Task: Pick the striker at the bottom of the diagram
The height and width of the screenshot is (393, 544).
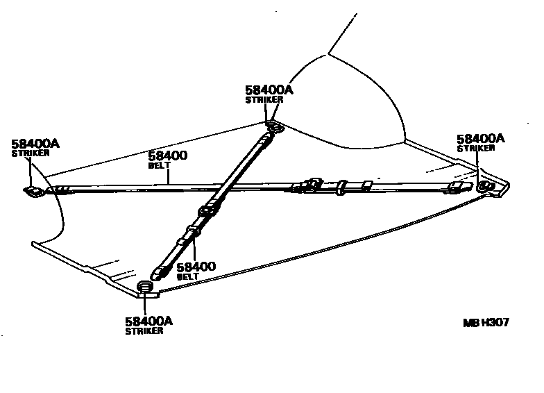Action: point(146,287)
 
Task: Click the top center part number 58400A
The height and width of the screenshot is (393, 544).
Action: point(269,90)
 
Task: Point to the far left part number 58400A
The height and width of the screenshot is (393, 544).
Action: point(35,144)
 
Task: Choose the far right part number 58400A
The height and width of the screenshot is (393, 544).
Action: point(481,138)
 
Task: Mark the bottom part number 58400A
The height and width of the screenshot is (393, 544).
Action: point(148,321)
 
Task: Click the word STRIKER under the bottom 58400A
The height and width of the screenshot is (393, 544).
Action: point(144,331)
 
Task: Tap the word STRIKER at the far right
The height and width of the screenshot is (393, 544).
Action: point(476,148)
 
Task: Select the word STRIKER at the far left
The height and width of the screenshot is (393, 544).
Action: point(31,153)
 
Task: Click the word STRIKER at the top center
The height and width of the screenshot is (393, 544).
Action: point(264,100)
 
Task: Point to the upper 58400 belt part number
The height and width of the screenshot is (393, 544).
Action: point(167,156)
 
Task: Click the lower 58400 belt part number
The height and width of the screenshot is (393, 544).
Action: point(196,267)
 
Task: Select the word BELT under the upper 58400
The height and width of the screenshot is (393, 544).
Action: point(160,167)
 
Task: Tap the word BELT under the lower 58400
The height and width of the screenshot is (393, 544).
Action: point(187,276)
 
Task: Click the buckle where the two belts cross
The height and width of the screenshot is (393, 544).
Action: point(208,210)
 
